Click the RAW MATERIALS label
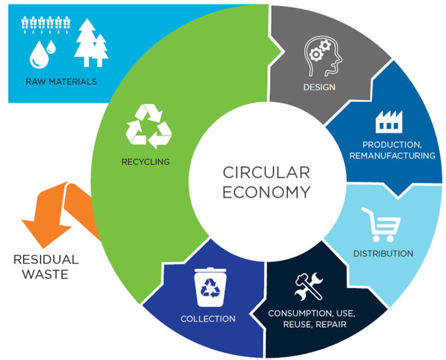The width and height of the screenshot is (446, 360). (x=61, y=82)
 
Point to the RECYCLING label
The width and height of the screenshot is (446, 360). (x=146, y=161)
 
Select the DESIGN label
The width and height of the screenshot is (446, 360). (x=320, y=87)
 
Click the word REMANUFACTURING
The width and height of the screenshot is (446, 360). (x=400, y=155)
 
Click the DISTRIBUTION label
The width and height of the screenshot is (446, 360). (x=383, y=254)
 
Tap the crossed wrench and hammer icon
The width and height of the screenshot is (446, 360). (x=308, y=287)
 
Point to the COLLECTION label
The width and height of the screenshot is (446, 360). (x=208, y=319)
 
